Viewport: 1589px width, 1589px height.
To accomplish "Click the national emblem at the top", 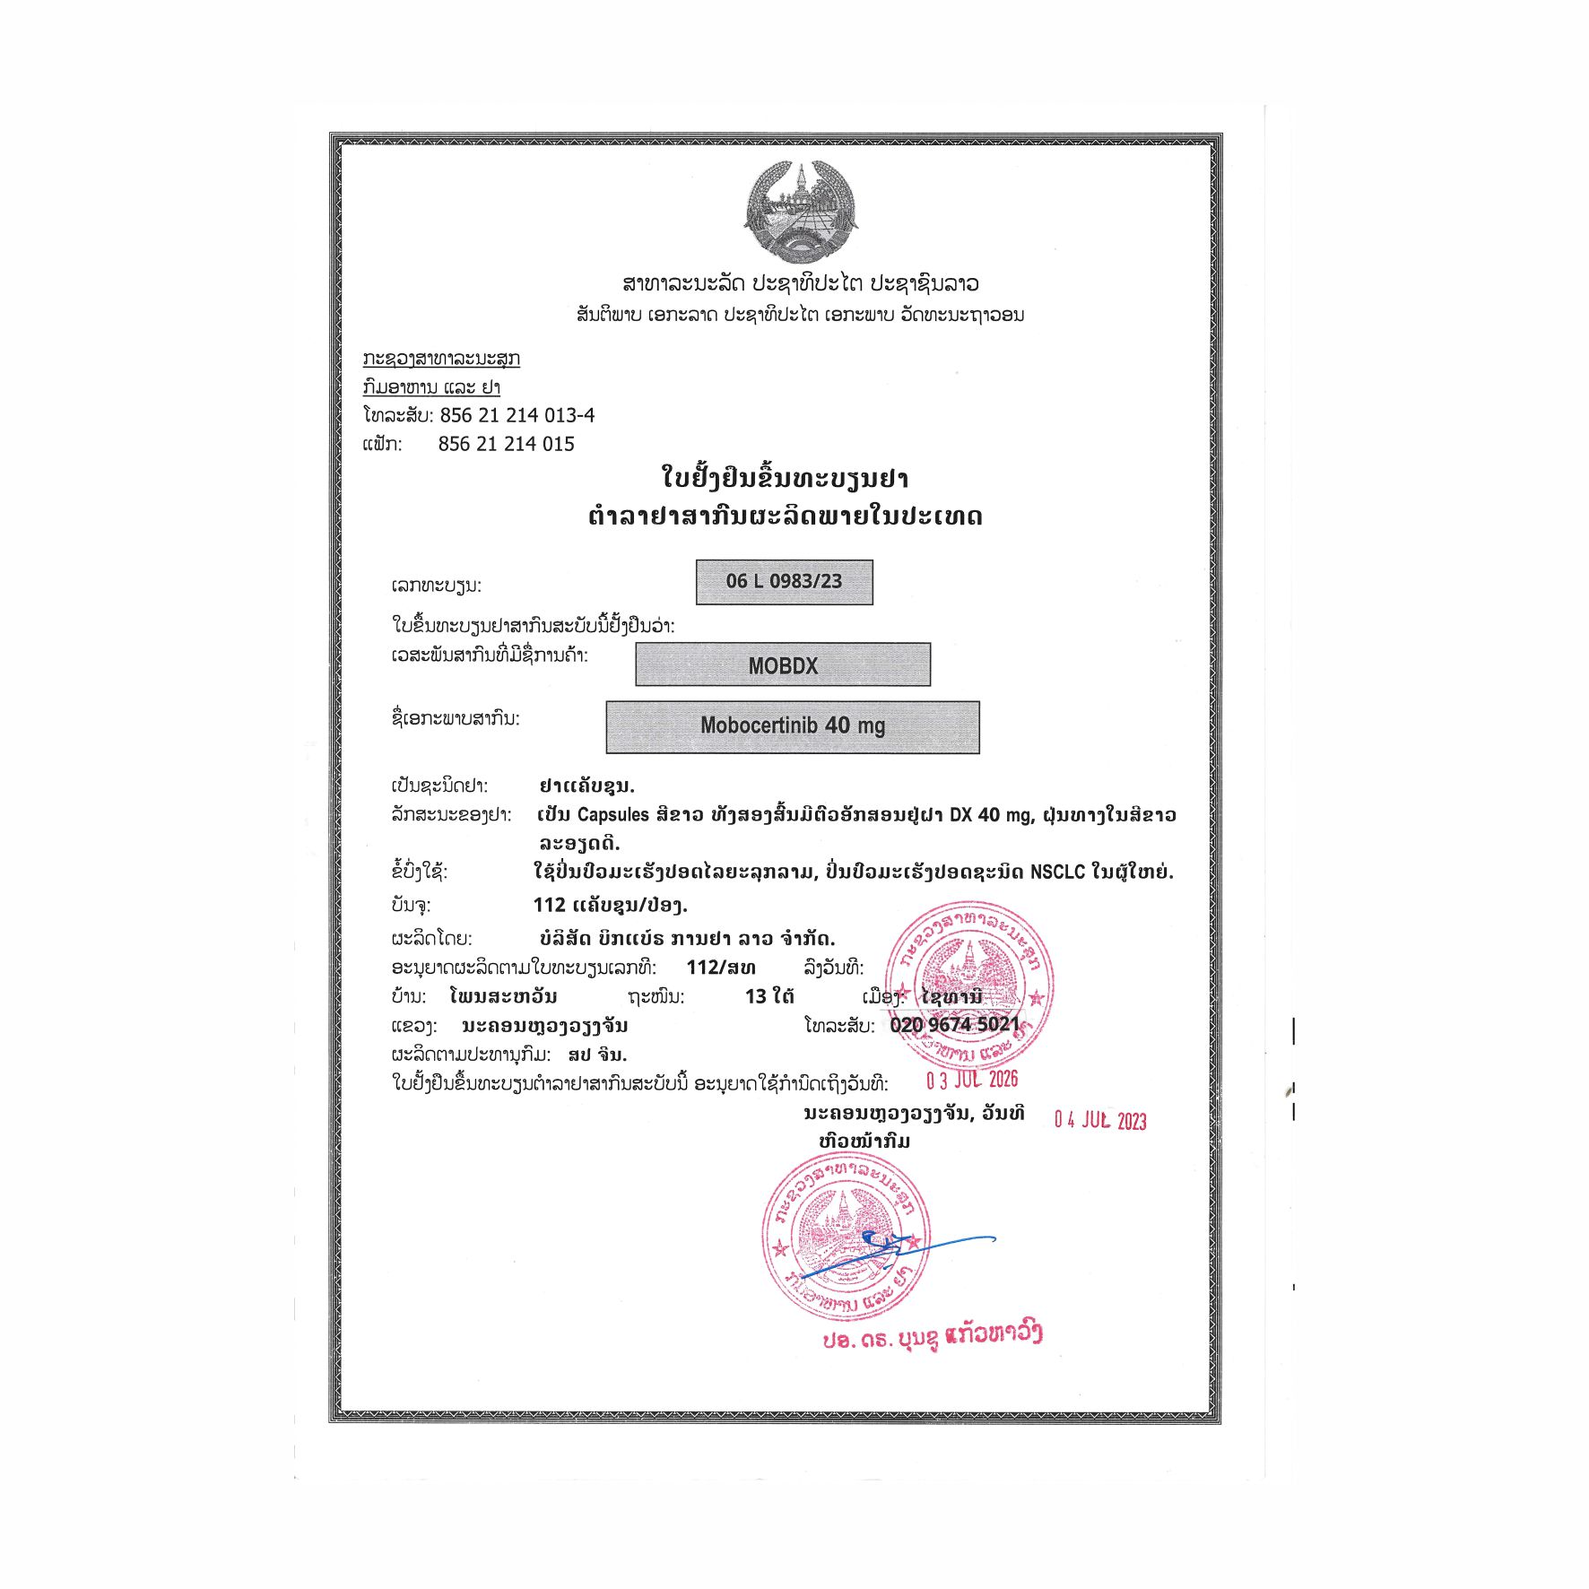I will coord(801,213).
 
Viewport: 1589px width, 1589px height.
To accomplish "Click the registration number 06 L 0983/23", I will coord(784,581).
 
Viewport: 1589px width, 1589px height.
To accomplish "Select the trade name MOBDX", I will coord(783,665).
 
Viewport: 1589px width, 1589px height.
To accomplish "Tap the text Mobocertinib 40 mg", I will coord(793,725).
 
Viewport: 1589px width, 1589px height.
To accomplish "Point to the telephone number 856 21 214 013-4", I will coord(517,415).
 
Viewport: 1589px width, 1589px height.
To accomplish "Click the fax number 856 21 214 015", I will coord(506,444).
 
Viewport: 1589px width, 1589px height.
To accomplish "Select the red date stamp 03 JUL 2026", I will coord(972,1080).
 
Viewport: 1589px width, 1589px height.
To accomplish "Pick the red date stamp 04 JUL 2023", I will coord(1100,1120).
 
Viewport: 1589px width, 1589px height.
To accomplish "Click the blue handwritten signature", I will coord(897,1251).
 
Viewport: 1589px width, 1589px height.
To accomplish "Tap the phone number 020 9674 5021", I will coord(954,1024).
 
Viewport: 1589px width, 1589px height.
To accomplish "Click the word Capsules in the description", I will coord(613,815).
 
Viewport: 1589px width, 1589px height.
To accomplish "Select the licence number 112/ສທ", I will coord(721,968).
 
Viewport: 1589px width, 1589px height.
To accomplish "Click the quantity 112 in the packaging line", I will coord(549,906).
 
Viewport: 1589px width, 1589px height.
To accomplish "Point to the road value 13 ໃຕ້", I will coord(768,996).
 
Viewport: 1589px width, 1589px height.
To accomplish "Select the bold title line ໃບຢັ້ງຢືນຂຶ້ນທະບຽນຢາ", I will coord(785,478).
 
